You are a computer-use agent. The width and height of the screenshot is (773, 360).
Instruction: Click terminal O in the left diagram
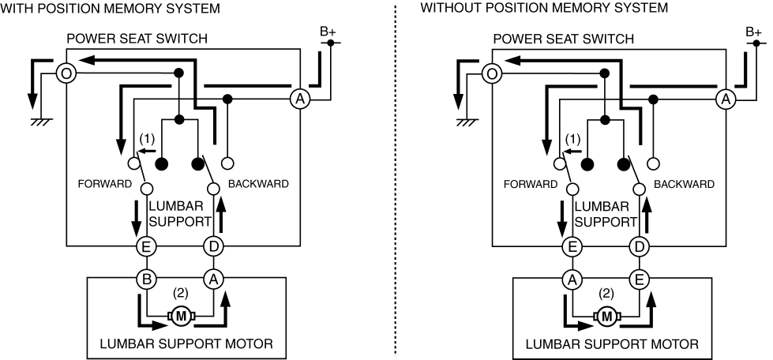click(x=66, y=73)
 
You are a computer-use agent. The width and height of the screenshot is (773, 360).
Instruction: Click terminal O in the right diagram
click(x=491, y=73)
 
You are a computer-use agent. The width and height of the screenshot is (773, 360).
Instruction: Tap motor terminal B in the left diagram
click(x=146, y=279)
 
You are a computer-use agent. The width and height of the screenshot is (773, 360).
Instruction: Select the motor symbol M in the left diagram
click(x=182, y=316)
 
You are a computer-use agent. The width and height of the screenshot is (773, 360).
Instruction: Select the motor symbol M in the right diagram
click(x=607, y=316)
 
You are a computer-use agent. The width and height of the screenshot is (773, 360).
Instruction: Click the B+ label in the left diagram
click(x=328, y=32)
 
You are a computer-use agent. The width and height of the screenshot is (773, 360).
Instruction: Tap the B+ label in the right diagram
click(x=754, y=32)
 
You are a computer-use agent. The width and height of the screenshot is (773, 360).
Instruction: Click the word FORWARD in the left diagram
click(x=105, y=184)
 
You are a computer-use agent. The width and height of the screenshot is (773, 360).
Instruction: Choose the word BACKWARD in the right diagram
click(x=684, y=184)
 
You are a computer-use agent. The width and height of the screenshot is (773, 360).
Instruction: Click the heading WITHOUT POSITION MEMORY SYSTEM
click(x=544, y=8)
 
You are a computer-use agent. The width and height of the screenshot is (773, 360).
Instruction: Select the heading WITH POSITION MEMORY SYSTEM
click(x=110, y=8)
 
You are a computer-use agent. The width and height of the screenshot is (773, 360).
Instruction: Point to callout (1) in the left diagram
click(x=148, y=138)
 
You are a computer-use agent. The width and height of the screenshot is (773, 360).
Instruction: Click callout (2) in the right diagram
click(x=606, y=293)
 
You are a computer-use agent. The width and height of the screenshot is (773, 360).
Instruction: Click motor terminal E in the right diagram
click(x=640, y=279)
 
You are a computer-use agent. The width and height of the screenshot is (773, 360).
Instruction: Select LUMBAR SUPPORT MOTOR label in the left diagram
click(x=186, y=343)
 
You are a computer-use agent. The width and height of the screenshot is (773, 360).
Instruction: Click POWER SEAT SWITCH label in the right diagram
click(x=564, y=39)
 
